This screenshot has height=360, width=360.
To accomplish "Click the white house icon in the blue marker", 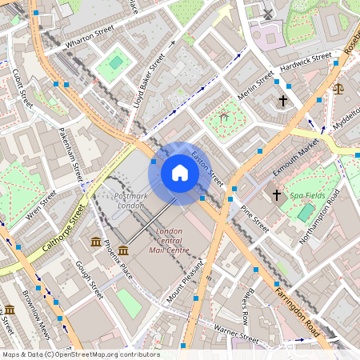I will pos(180,173).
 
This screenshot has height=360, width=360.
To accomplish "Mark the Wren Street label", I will pos(41,205).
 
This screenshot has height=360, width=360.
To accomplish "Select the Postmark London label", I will pos(130,201).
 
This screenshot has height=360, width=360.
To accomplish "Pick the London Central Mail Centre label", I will pos(168,241).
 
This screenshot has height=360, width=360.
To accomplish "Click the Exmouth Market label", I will pos(296,159).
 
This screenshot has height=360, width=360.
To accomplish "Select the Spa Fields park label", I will pos(308,195).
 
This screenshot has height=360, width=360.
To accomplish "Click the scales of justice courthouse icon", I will pos(337,90).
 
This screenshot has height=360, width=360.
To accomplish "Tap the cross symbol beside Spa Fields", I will pos(277,194).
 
